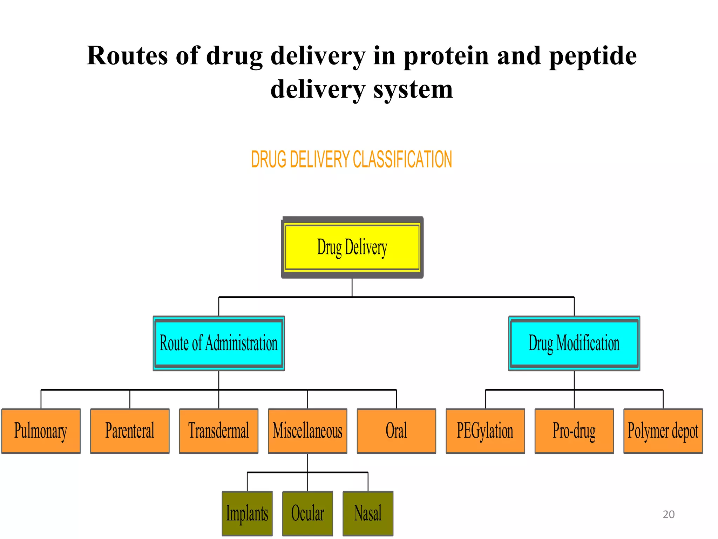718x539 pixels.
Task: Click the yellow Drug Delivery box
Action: click(352, 247)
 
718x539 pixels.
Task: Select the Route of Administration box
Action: click(218, 343)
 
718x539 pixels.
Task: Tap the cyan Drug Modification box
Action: click(574, 343)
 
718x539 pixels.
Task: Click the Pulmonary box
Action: click(41, 431)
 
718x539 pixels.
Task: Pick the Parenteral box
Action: click(130, 431)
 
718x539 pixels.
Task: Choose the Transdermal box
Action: click(218, 431)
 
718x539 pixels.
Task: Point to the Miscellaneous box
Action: click(307, 431)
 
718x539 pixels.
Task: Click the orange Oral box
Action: click(396, 431)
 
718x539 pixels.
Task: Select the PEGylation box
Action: click(485, 431)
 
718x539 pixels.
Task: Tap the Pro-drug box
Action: click(574, 431)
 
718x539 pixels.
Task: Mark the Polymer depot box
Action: click(663, 431)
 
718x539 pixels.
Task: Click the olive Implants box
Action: click(247, 513)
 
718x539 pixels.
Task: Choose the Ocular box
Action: click(307, 513)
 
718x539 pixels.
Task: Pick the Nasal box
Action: click(368, 513)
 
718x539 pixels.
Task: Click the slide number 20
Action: click(669, 514)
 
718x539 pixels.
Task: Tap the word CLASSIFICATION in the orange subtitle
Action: click(402, 159)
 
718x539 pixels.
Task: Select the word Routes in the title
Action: click(127, 56)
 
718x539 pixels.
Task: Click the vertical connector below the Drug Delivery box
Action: click(352, 288)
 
